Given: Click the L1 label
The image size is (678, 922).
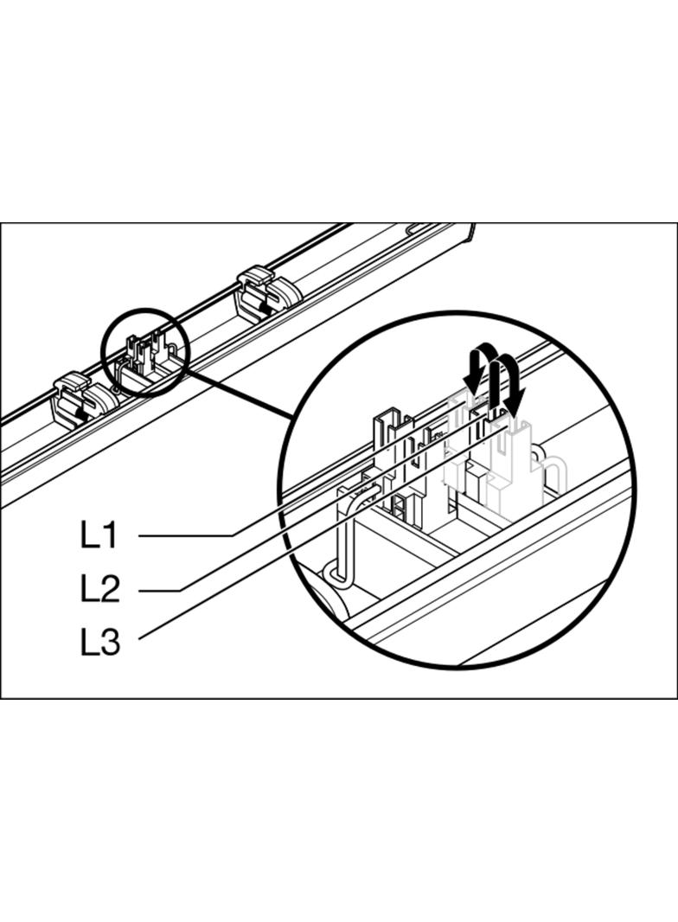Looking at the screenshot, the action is pos(99,535).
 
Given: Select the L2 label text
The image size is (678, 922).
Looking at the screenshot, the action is pos(100,589).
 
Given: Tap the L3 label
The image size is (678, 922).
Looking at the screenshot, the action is pos(100,642).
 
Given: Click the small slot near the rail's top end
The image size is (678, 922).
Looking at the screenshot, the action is pos(423,227).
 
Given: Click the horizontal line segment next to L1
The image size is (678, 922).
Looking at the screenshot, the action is pos(186,535).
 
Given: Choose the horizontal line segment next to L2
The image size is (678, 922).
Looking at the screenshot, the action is pos(158,589).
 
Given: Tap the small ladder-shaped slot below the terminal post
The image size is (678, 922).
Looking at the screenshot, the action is pos(400,506).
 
